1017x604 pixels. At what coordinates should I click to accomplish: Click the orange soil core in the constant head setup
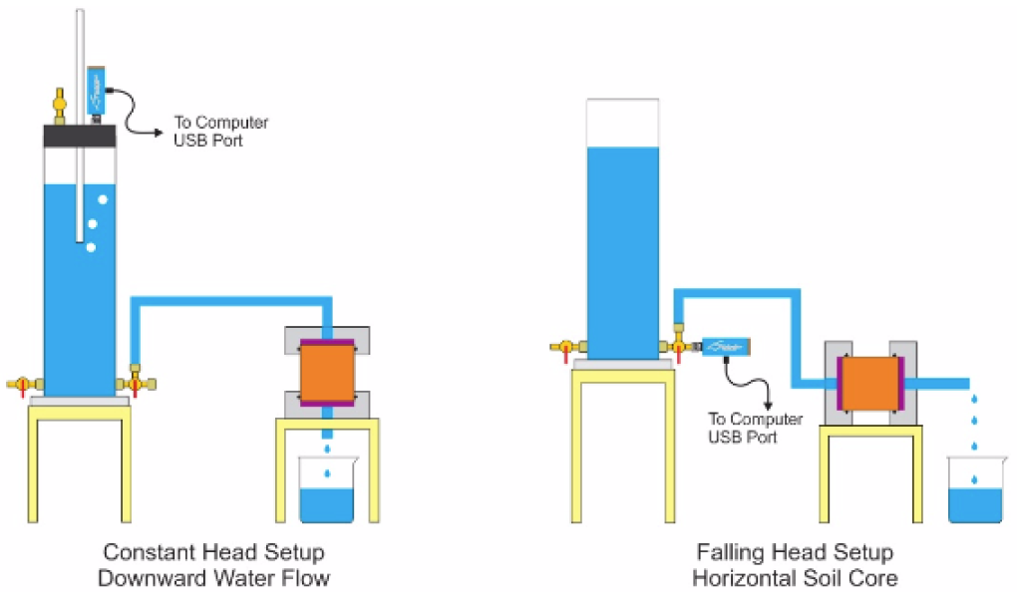pos(327,371)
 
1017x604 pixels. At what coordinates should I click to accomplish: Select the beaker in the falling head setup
pos(974,493)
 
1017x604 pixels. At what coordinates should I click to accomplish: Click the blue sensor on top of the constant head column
pos(97,89)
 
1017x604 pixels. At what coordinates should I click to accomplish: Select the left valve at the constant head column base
pos(23,384)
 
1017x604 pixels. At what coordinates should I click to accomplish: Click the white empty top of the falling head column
pos(623,123)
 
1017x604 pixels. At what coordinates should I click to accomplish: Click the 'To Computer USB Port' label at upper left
pos(220,131)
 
